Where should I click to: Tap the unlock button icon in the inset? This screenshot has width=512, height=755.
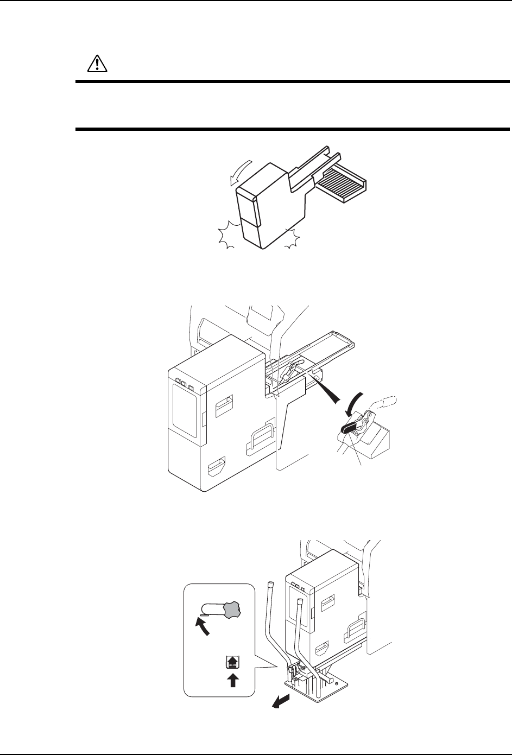pos(232,663)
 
